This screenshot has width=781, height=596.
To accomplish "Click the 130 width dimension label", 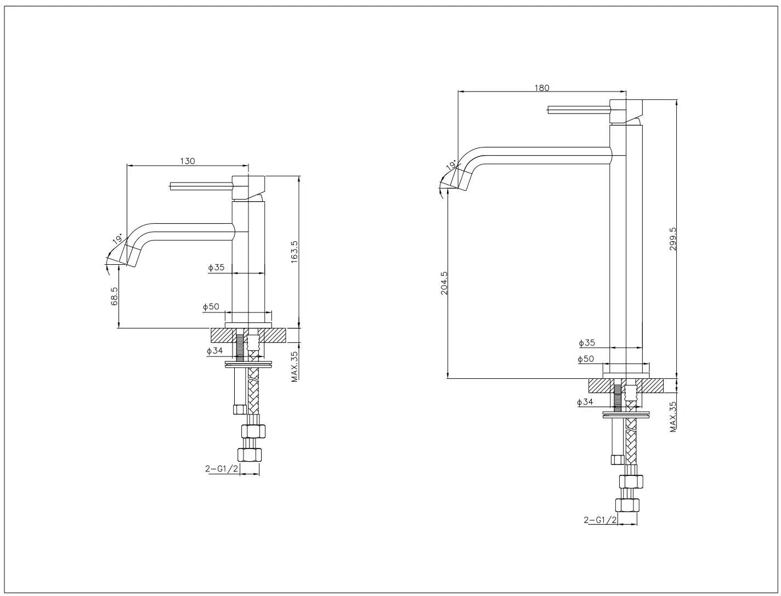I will (x=188, y=161).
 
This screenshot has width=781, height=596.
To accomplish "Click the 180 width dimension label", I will (x=541, y=88).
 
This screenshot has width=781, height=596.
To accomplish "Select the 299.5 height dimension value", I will (x=673, y=239).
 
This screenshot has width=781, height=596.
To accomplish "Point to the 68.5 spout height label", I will (x=115, y=296).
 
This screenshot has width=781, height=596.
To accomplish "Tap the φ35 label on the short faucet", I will (x=216, y=268).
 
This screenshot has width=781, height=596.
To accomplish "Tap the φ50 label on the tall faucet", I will (x=586, y=359).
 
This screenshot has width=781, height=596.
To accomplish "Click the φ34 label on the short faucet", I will (x=214, y=351).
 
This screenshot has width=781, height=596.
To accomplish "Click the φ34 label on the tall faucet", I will (x=585, y=402).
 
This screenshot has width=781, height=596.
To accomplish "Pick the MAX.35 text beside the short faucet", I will (x=295, y=366).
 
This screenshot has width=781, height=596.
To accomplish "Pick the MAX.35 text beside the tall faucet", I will (x=673, y=416).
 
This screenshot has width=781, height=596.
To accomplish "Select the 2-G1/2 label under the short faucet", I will (x=222, y=469).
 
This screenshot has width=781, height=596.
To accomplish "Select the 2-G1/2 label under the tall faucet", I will (x=599, y=520).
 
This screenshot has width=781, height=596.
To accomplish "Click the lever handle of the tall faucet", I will (x=579, y=110).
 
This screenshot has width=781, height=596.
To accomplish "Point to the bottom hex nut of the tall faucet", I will (x=627, y=505).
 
